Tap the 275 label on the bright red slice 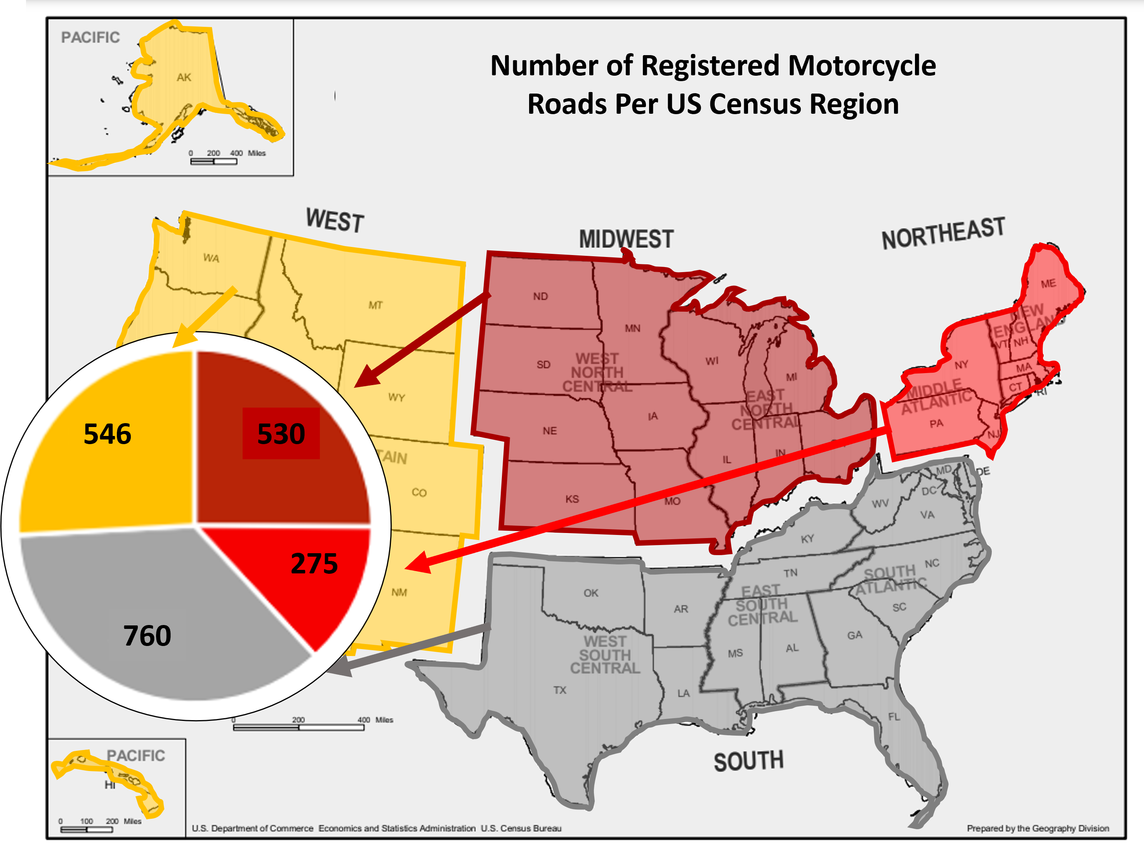click(314, 563)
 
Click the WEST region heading click(335, 221)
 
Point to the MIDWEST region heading click(626, 239)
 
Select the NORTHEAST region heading click(943, 233)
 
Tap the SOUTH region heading click(748, 761)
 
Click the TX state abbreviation click(560, 690)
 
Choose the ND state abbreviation click(540, 296)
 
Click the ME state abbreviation click(1049, 283)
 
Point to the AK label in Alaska click(184, 78)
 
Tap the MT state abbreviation click(375, 305)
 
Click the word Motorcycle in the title click(862, 66)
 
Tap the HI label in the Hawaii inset click(109, 785)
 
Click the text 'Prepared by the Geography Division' click(1038, 828)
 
